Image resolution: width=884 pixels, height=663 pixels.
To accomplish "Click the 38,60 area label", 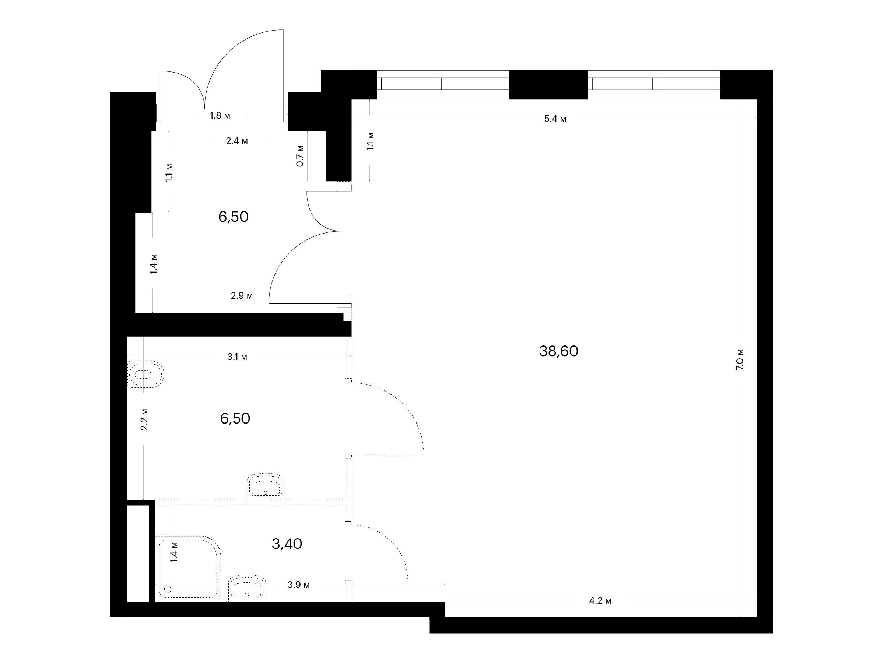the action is click(x=558, y=351).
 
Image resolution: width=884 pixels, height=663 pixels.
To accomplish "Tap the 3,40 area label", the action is click(x=287, y=544).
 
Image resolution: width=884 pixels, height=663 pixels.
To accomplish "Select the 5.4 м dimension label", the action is click(x=555, y=119).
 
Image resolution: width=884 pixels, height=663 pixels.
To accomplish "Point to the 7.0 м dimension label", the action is click(x=739, y=359).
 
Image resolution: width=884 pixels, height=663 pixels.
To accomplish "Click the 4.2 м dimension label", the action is click(x=600, y=601).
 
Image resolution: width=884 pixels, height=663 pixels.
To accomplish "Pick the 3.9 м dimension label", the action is click(x=298, y=585).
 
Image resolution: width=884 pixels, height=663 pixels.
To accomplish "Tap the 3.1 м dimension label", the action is click(x=237, y=357).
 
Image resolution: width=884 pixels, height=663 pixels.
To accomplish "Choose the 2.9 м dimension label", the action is click(x=242, y=296).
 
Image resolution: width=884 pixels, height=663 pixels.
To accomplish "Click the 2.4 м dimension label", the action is click(x=237, y=141).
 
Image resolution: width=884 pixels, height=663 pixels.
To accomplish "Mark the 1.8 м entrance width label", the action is click(x=220, y=116).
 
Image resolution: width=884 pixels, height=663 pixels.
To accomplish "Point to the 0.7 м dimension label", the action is click(x=300, y=156).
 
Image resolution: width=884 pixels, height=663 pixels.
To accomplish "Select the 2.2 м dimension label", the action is click(x=144, y=419).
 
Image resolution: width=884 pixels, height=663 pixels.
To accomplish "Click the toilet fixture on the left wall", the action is click(x=145, y=375).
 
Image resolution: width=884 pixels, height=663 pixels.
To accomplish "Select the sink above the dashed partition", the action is click(x=266, y=486).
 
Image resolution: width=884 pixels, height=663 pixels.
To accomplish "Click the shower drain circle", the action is click(x=168, y=589).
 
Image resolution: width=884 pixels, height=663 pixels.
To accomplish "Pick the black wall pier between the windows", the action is click(x=548, y=85).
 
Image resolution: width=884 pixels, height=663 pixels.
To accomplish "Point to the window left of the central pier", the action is click(x=443, y=85).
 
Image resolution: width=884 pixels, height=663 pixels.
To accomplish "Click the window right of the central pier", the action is click(x=654, y=85).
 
